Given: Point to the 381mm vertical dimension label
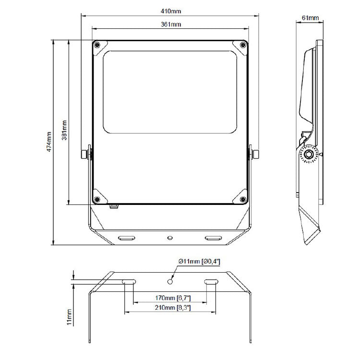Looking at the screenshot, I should coord(65,130).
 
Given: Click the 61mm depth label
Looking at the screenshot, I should coord(310,18).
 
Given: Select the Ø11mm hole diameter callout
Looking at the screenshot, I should coord(199,261).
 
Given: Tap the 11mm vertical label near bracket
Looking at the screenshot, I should coord(69,317).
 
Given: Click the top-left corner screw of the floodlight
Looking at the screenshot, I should coord(97,45).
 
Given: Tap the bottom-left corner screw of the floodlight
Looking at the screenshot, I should coord(97,199).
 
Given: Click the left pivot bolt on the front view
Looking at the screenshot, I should coord(85,154).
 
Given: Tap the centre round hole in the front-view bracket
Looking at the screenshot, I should coord(169,237).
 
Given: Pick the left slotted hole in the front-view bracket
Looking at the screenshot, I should coord(127,238).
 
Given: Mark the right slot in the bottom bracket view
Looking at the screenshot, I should coord(210,282).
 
